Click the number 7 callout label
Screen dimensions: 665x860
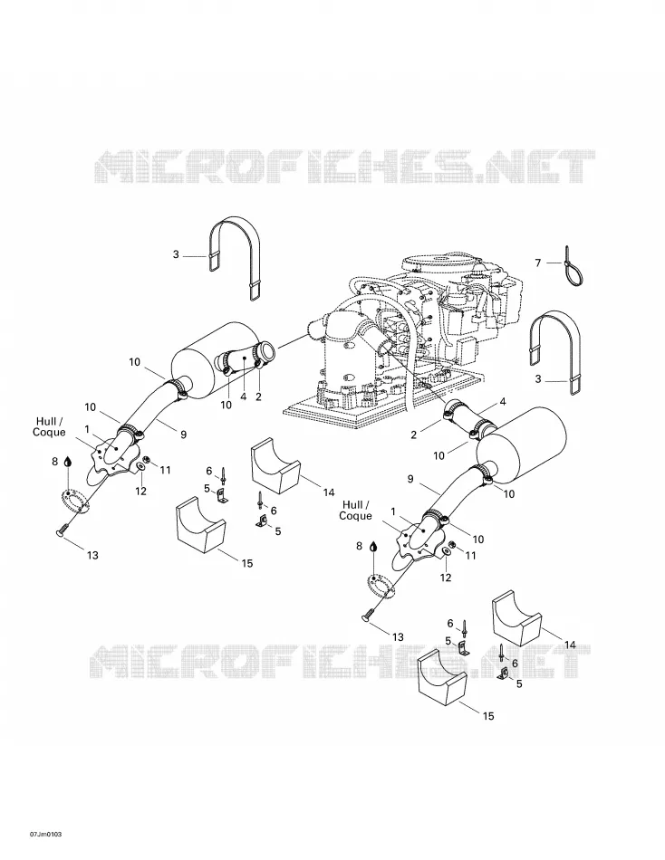click(x=538, y=263)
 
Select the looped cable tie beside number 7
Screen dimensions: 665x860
click(x=573, y=270)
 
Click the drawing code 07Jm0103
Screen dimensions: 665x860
click(x=45, y=835)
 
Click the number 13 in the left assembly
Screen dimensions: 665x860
click(x=92, y=555)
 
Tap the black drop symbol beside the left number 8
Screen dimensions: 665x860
click(x=67, y=462)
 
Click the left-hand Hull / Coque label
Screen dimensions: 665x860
click(x=49, y=426)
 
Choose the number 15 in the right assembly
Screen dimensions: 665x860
click(x=488, y=716)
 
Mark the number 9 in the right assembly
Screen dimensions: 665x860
click(x=410, y=479)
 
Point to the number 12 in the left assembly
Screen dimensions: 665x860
click(x=141, y=492)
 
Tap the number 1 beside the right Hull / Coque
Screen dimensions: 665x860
click(x=393, y=511)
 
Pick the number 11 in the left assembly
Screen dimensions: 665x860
click(x=165, y=470)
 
